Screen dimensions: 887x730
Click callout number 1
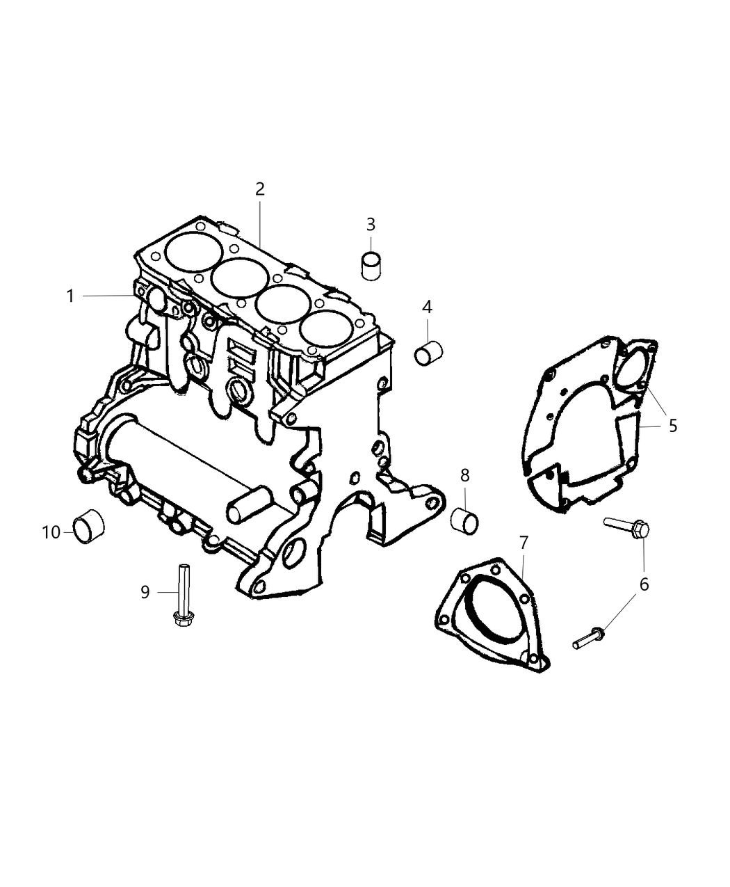[x=70, y=296]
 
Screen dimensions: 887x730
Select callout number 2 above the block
[x=259, y=189]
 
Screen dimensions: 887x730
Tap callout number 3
[x=371, y=224]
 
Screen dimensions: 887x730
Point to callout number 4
[x=427, y=307]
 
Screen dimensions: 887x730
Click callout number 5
[x=672, y=425]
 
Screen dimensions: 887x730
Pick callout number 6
[x=644, y=584]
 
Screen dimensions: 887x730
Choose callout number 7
[x=523, y=542]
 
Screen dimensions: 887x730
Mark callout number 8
[x=464, y=475]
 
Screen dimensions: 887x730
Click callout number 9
[x=145, y=591]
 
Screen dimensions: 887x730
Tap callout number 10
[x=51, y=532]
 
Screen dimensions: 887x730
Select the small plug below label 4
[x=429, y=352]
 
